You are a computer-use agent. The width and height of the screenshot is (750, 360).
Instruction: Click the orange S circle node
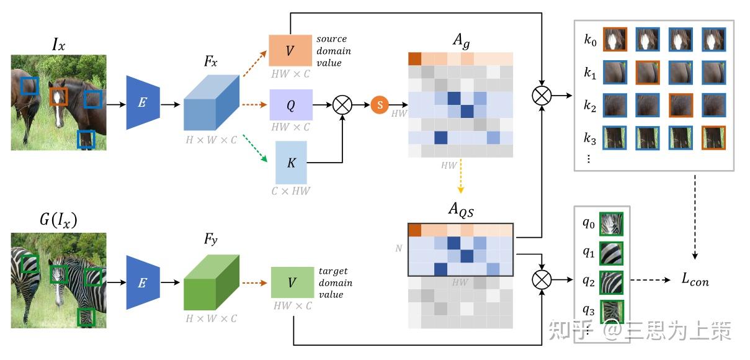pos(380,105)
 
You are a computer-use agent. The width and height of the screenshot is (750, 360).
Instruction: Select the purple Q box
pos(291,105)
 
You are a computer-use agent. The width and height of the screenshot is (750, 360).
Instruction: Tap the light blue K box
pos(291,163)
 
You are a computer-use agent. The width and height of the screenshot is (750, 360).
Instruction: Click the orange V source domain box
pos(290,50)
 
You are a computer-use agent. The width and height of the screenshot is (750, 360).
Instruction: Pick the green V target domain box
pos(292,282)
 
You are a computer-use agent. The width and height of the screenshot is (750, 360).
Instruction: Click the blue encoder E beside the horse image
pos(143,102)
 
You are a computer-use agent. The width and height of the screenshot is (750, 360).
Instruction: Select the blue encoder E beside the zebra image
pos(143,282)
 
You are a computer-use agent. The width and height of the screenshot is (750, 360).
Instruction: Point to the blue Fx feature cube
pos(212,102)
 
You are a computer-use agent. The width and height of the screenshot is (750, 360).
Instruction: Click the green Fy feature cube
pos(212,282)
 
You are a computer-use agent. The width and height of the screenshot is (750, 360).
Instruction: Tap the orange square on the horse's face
pos(58,97)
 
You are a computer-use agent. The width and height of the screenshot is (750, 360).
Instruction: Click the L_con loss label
pos(695,280)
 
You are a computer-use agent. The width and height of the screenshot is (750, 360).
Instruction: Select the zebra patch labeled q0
pos(612,223)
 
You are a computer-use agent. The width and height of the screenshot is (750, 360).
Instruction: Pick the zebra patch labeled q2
pos(612,282)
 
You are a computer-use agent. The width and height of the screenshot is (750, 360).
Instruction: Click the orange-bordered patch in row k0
pos(615,40)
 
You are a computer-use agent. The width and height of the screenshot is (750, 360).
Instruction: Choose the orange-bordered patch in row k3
pos(713,138)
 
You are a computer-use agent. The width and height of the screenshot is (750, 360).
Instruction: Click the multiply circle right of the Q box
pos(342,105)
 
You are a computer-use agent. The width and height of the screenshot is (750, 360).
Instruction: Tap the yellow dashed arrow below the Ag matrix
pos(461,176)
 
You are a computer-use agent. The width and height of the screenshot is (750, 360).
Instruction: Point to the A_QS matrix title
pos(461,210)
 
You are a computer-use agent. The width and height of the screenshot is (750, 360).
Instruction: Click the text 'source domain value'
pos(334,50)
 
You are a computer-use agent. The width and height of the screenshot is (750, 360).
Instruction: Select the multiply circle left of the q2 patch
pos(542,280)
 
